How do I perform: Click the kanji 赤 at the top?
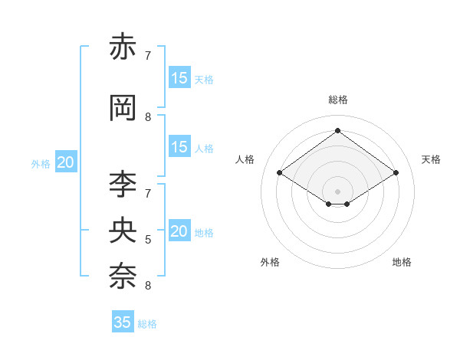123,47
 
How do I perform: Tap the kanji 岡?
123,108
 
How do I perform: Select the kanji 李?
123,184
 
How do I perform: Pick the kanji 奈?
123,273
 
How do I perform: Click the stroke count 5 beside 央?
148,240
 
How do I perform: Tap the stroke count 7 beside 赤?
148,56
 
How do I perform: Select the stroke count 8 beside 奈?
148,286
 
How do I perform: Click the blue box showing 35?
123,322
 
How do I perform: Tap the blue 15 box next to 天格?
179,78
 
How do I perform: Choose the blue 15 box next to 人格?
179,147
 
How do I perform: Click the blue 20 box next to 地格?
179,231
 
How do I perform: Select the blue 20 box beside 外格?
66,162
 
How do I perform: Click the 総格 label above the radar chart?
338,100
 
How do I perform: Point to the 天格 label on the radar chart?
431,159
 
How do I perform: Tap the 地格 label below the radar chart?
402,262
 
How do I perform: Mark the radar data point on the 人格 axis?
280,173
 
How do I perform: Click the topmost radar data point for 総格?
337,131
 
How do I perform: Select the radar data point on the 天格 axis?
396,173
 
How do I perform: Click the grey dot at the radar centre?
337,190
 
